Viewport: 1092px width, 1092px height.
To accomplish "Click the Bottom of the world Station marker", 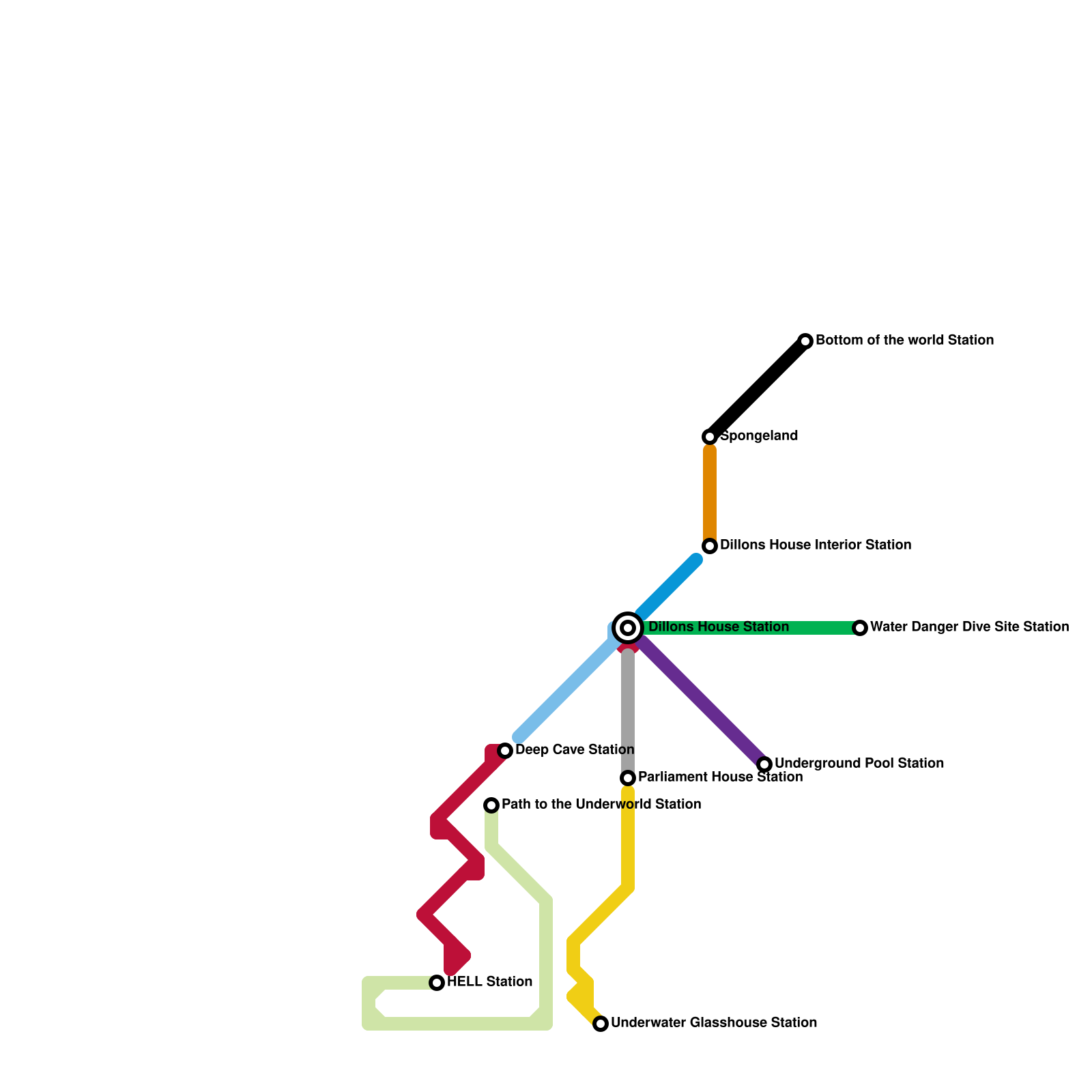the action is pyautogui.click(x=805, y=341).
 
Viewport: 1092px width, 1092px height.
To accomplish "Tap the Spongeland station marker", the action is pyautogui.click(x=710, y=436).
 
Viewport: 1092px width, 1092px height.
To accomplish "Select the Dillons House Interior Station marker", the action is pyautogui.click(x=710, y=545).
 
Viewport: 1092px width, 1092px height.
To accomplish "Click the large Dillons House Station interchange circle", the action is pyautogui.click(x=628, y=627).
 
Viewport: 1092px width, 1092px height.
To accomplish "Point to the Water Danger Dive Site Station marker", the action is pyautogui.click(x=860, y=627).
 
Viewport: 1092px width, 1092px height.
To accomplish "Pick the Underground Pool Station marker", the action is pyautogui.click(x=764, y=764).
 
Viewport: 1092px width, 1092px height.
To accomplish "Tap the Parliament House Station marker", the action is pyautogui.click(x=628, y=777).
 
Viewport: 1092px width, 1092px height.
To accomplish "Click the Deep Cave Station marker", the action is pyautogui.click(x=505, y=750).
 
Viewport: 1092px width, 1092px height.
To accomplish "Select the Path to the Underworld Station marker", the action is pyautogui.click(x=491, y=805).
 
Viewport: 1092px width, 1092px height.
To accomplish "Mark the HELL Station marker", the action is pyautogui.click(x=437, y=982).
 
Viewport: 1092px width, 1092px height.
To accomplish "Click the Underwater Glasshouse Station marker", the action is pyautogui.click(x=601, y=1023).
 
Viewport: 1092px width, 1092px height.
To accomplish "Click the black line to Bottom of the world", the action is pyautogui.click(x=758, y=388).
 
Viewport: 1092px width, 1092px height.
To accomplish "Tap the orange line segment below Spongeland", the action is pyautogui.click(x=710, y=491).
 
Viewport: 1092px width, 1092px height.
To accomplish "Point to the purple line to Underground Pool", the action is pyautogui.click(x=703, y=702).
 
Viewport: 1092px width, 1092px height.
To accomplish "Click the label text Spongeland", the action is pyautogui.click(x=759, y=436).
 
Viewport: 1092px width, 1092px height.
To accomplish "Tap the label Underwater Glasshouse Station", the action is pyautogui.click(x=714, y=1023).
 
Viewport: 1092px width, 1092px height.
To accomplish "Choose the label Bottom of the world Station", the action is pyautogui.click(x=904, y=341).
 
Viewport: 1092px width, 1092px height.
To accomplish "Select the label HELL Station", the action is pyautogui.click(x=489, y=982).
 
